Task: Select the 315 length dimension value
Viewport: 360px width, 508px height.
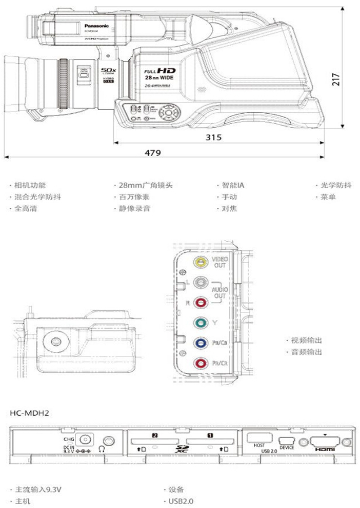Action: (213, 137)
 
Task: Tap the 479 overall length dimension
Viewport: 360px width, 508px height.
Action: (153, 153)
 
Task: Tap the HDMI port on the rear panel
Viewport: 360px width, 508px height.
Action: (327, 442)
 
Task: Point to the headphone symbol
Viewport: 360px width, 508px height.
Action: (102, 449)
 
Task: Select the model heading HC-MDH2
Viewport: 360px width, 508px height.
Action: (30, 413)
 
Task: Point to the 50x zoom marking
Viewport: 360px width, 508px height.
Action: (108, 70)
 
